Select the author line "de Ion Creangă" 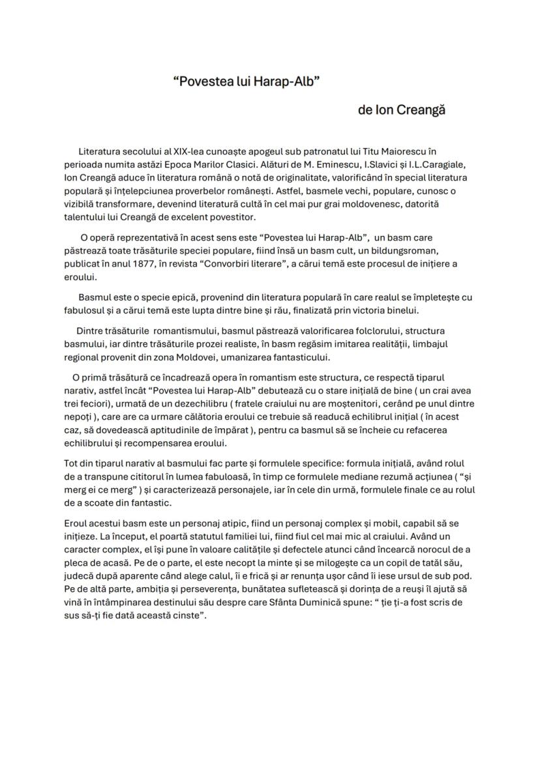401,110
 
